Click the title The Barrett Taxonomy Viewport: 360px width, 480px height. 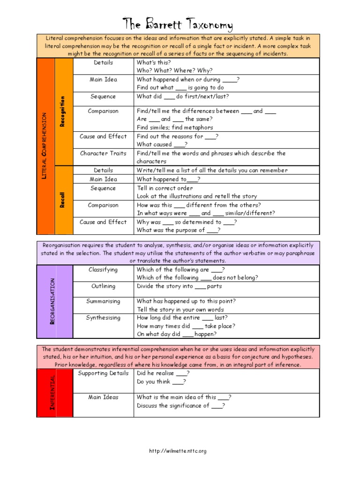coord(178,24)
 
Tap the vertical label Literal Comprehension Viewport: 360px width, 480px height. coord(45,146)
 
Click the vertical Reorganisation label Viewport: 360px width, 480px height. coord(53,301)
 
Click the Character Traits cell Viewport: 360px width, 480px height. coord(103,153)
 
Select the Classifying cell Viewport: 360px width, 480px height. coord(103,270)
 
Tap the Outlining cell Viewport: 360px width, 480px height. coord(103,286)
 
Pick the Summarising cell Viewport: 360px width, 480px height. coord(103,301)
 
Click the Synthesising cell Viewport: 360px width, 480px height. coord(103,317)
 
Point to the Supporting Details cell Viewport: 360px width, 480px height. coord(103,373)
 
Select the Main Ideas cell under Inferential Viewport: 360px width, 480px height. coord(103,397)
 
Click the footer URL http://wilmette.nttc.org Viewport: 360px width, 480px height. coord(178,451)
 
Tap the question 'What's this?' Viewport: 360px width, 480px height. coord(154,62)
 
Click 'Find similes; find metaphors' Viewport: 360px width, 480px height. coord(175,127)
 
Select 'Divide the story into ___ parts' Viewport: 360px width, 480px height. coord(180,286)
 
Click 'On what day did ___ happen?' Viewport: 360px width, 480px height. coord(177,334)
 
